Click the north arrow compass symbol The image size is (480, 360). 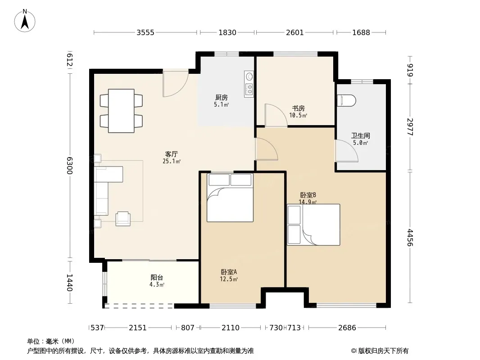coord(25,21)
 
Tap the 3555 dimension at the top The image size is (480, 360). coord(145,32)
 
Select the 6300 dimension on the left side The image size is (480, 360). coord(69,166)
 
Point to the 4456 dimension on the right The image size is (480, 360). coord(410,238)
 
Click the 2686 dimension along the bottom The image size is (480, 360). coord(347,328)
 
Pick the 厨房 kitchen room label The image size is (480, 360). coord(222,98)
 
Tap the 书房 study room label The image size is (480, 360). coord(298,108)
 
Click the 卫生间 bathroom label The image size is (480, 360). coord(361,135)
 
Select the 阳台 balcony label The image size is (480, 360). coord(157,277)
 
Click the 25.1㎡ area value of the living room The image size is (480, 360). coord(172,161)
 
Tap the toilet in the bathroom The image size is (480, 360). coord(347,100)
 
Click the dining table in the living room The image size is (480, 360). coord(121,111)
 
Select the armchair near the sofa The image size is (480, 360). coord(123,219)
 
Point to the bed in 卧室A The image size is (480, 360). coord(230,198)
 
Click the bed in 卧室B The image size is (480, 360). coord(314,225)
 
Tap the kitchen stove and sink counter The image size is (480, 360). coord(249,84)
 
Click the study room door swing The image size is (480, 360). coord(276,115)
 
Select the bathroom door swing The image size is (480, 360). coord(347,151)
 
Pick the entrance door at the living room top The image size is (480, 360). coord(176,84)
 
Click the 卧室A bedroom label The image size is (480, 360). coord(229,272)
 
